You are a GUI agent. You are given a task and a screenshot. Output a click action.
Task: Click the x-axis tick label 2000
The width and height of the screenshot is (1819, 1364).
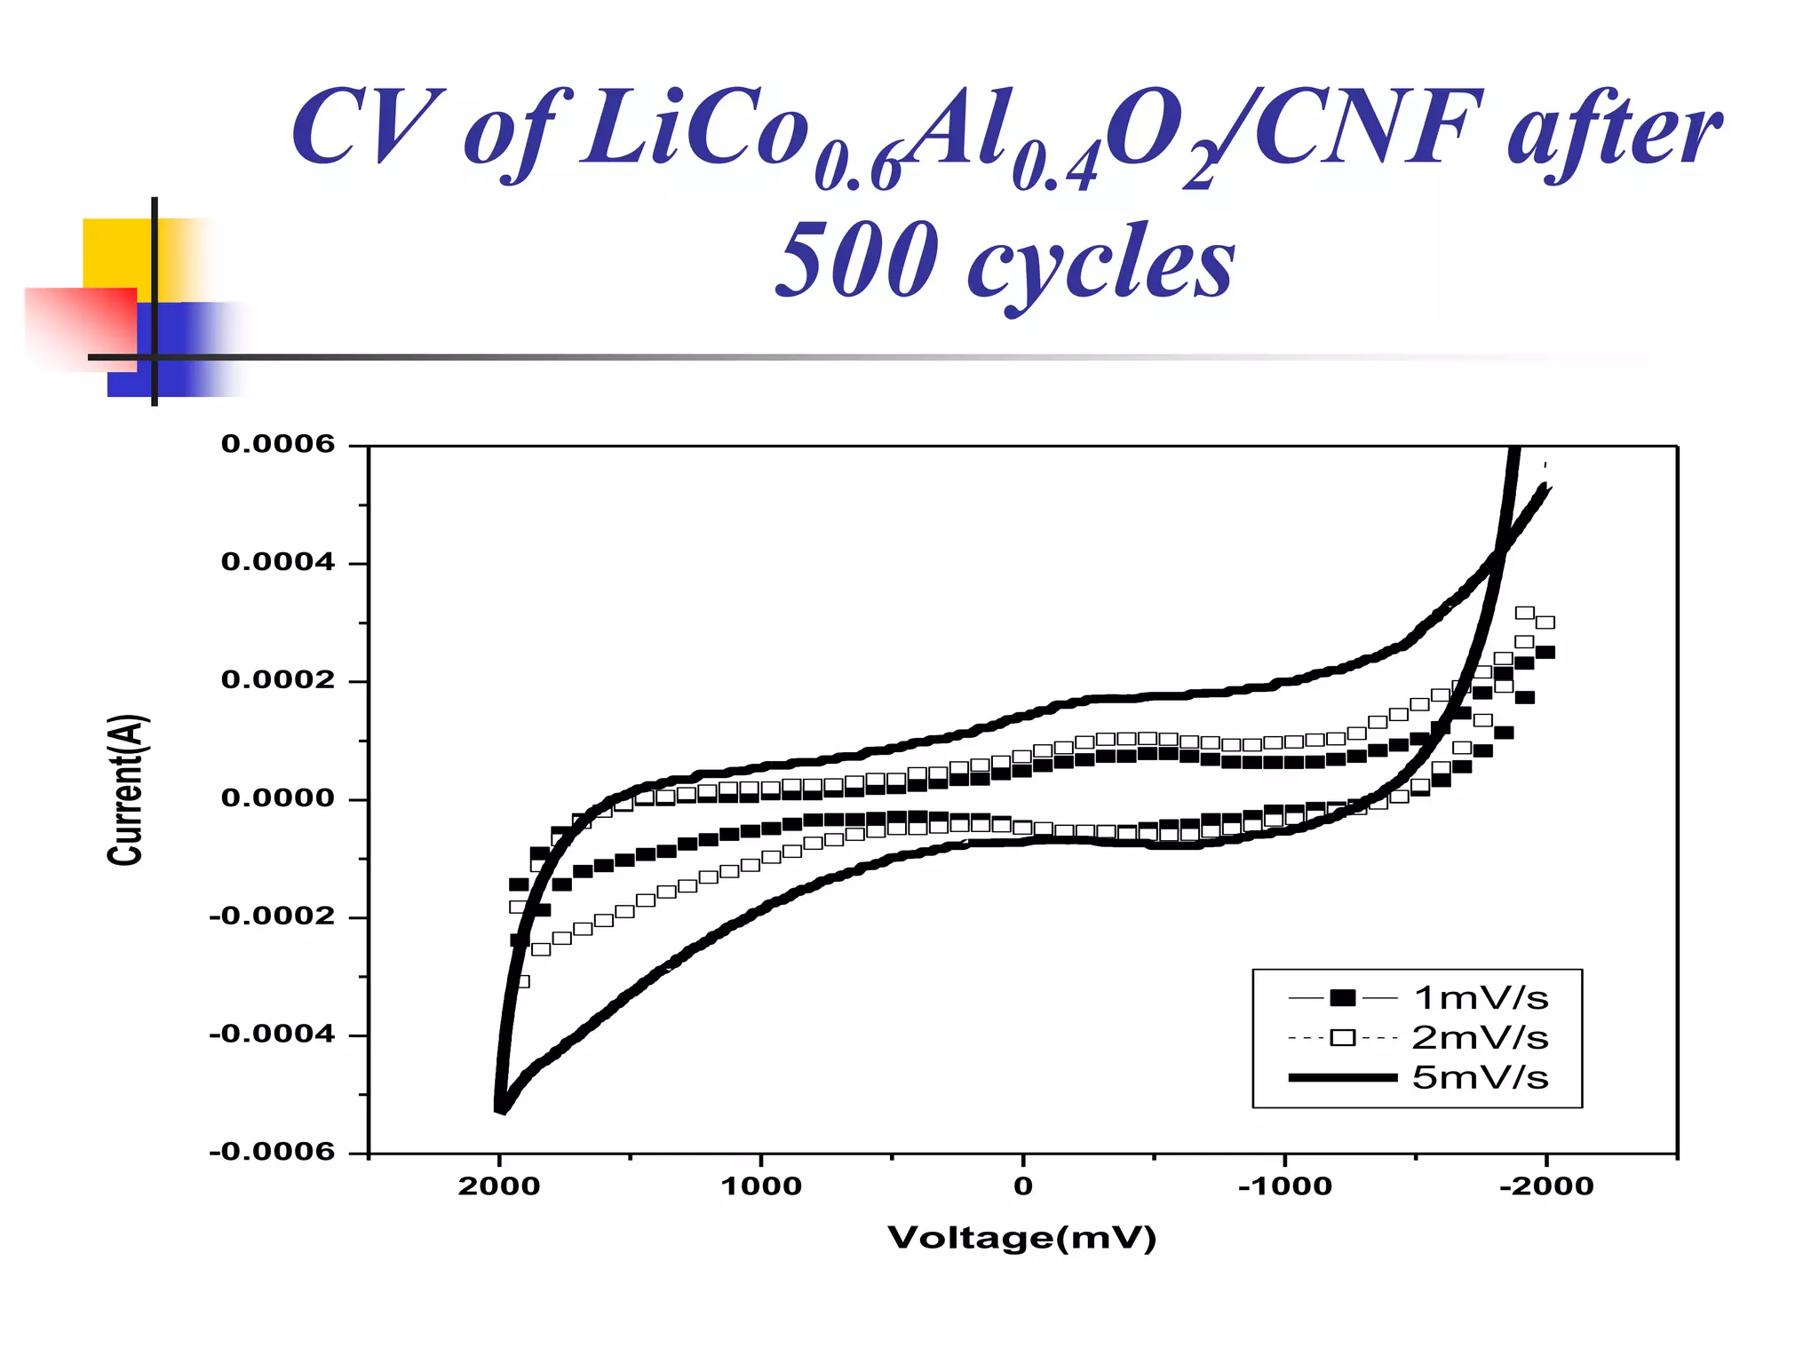coord(499,1186)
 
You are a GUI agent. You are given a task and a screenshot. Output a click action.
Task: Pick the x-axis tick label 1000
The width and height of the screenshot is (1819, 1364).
coord(761,1186)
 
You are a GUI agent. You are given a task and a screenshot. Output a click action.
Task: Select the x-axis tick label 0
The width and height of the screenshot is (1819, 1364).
coord(1023,1186)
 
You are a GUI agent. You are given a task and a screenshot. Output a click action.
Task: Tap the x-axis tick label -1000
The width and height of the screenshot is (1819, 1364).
coord(1284,1186)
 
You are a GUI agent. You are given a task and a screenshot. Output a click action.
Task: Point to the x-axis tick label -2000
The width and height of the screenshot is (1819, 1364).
coord(1546,1186)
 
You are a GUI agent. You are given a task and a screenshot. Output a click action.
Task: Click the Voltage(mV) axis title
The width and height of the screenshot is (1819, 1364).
coord(1022,1238)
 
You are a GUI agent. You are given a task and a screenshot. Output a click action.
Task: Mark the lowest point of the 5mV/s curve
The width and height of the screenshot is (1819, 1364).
coord(500,1109)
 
